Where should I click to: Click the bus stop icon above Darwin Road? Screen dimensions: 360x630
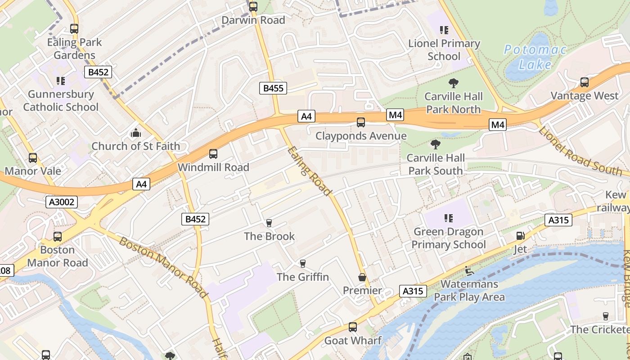(253, 7)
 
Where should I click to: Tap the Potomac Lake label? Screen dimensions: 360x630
(535, 57)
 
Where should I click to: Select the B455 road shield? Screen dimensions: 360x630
(273, 88)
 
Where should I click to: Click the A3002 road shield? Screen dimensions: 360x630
(62, 202)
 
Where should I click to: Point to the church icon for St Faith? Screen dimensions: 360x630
(135, 133)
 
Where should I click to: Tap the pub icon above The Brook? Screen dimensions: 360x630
(269, 223)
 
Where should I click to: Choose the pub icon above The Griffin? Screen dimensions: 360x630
(303, 264)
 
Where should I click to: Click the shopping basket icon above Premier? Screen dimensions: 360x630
(362, 278)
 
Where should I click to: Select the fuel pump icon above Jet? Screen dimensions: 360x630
(520, 236)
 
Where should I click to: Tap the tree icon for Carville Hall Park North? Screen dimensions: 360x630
(454, 83)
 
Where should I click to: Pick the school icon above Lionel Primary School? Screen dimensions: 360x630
(444, 31)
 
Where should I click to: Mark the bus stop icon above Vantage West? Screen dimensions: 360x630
(585, 82)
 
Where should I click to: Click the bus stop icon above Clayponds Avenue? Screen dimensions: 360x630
(361, 122)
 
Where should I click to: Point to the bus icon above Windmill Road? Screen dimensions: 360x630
(213, 154)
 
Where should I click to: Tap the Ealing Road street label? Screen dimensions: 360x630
(310, 171)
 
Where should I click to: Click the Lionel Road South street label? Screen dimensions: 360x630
(580, 151)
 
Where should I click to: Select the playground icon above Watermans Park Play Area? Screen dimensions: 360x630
(469, 271)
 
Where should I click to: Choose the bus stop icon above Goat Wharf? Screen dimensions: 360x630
(353, 327)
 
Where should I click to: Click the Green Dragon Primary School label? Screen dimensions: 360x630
(449, 238)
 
